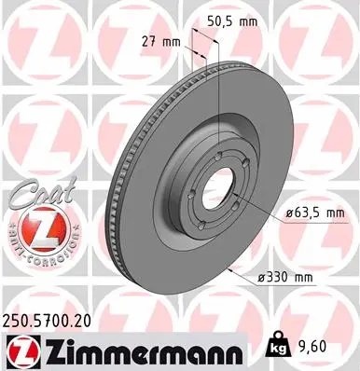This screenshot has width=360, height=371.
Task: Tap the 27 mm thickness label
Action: click(161, 42)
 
